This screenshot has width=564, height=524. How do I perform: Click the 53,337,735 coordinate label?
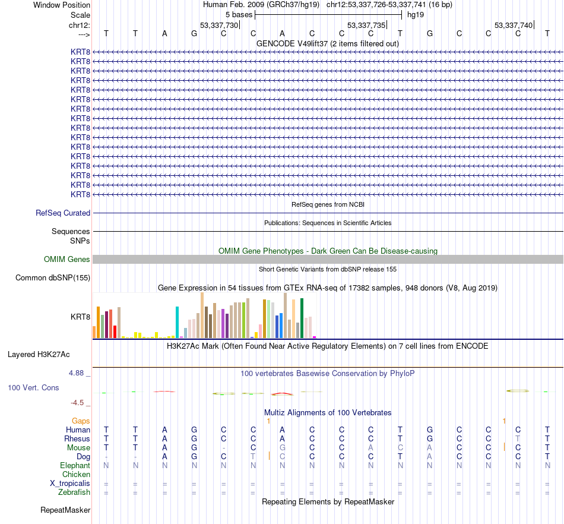click(366, 25)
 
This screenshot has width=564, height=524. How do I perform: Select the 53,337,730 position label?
click(219, 25)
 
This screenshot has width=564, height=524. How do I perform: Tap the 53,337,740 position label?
click(514, 25)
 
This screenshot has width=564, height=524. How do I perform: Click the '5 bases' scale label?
click(239, 14)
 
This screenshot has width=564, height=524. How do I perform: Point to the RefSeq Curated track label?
click(63, 213)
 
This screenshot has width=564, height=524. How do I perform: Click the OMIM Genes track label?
click(67, 259)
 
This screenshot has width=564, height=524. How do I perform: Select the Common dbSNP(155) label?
click(53, 277)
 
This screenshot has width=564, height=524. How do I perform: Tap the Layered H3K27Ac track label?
click(39, 355)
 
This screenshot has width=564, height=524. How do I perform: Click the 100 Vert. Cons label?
click(33, 387)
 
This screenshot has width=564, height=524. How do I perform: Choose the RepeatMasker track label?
click(65, 510)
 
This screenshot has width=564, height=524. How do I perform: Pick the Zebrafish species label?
click(75, 492)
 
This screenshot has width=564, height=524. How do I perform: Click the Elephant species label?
click(75, 465)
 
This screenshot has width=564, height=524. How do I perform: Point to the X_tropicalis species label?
click(70, 483)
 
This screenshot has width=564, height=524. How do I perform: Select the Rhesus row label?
click(77, 438)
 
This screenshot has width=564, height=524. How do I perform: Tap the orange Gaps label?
click(81, 421)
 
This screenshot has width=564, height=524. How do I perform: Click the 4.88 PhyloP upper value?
click(77, 373)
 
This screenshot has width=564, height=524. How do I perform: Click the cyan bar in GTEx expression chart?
click(178, 322)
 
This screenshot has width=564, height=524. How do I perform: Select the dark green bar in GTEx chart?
click(302, 318)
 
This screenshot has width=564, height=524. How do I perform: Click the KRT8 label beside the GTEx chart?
click(80, 317)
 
